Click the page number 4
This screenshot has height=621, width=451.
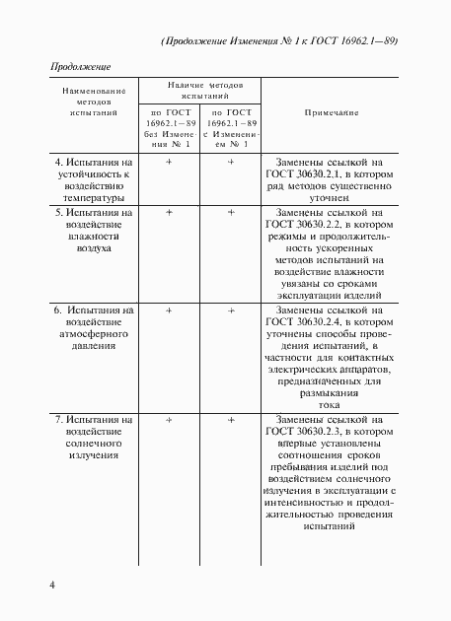[x=52, y=587]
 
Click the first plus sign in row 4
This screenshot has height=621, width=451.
[x=169, y=160]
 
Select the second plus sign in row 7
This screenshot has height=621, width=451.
[x=231, y=420]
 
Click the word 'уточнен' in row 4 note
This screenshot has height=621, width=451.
[x=330, y=197]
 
